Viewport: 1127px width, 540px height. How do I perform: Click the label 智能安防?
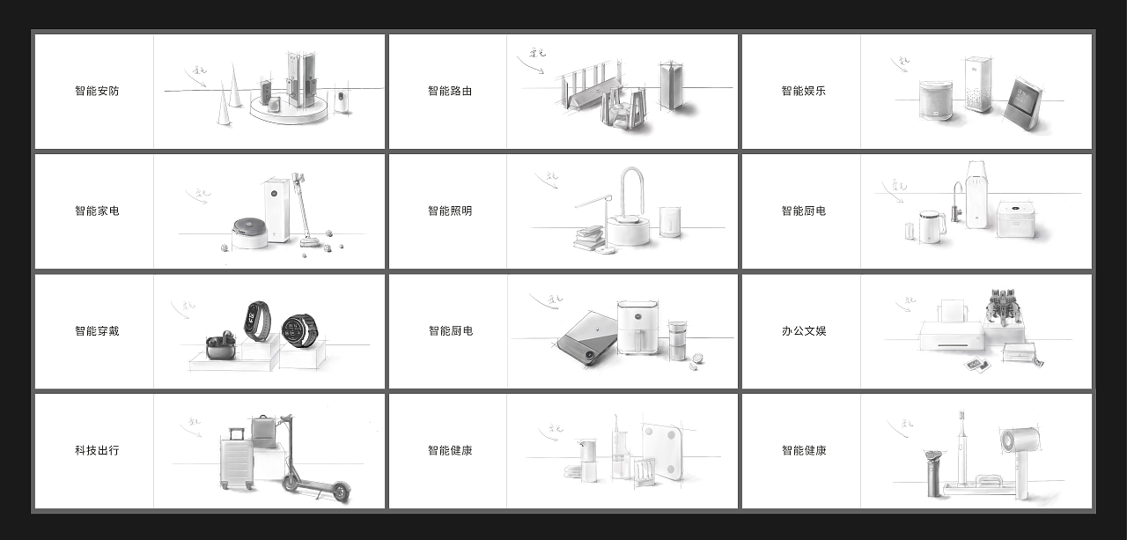tap(97, 91)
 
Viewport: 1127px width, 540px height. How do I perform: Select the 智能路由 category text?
tap(450, 91)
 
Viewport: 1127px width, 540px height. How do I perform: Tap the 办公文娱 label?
tap(803, 331)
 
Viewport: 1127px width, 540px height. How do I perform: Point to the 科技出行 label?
tap(97, 450)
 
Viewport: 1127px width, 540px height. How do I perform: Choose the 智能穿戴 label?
tap(97, 331)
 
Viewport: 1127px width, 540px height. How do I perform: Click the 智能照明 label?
tap(450, 211)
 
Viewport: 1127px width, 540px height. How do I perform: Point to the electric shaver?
tap(932, 471)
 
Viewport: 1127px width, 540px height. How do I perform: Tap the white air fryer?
tap(637, 327)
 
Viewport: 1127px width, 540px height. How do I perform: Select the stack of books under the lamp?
tap(589, 238)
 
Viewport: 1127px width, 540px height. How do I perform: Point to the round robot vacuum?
tap(251, 231)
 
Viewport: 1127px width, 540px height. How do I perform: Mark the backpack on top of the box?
tap(262, 431)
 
